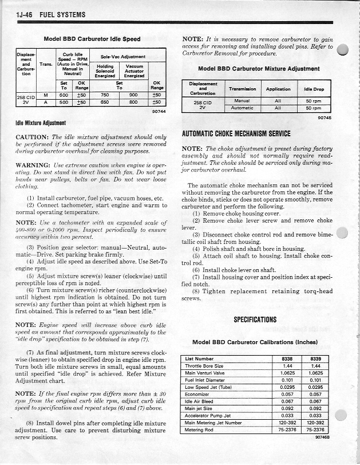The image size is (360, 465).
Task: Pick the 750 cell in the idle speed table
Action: coord(105,96)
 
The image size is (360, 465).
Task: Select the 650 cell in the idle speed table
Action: coord(105,103)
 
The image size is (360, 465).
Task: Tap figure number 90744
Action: coord(159,111)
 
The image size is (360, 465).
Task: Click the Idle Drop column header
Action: coord(314,89)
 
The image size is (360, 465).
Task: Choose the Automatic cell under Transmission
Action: coord(242,108)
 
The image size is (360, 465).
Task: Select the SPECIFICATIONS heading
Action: coord(255,320)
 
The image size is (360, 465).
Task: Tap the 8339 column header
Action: coord(315,359)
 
